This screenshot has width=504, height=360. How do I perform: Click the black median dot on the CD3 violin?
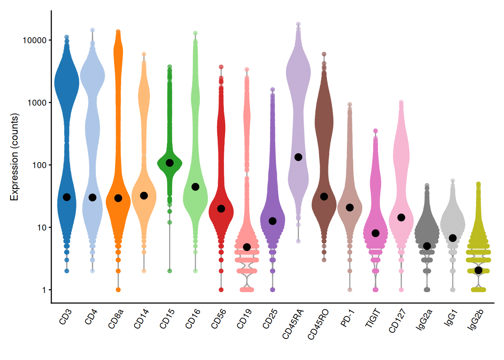tap(67, 197)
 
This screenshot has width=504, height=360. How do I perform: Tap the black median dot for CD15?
tap(169, 163)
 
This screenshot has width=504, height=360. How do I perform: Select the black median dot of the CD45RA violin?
tap(298, 157)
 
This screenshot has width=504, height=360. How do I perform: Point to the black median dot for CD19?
tap(247, 247)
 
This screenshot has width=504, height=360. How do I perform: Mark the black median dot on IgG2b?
tap(478, 270)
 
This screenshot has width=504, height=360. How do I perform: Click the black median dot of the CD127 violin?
tap(401, 217)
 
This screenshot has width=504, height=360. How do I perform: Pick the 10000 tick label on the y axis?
tap(34, 40)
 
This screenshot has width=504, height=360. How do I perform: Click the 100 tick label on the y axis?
tap(39, 165)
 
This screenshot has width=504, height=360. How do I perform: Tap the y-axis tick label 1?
tap(44, 290)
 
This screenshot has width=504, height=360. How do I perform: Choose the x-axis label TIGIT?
tap(373, 318)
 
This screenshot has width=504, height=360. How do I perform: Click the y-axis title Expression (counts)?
tap(14, 157)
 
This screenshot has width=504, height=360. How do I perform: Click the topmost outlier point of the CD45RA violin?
tap(298, 24)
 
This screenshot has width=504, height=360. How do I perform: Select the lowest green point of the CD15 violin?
tap(169, 271)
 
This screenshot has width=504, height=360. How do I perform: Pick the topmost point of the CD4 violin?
tap(93, 30)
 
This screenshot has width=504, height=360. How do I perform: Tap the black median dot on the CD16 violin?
tap(195, 187)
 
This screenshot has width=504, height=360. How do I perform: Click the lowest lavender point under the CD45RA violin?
tap(298, 241)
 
